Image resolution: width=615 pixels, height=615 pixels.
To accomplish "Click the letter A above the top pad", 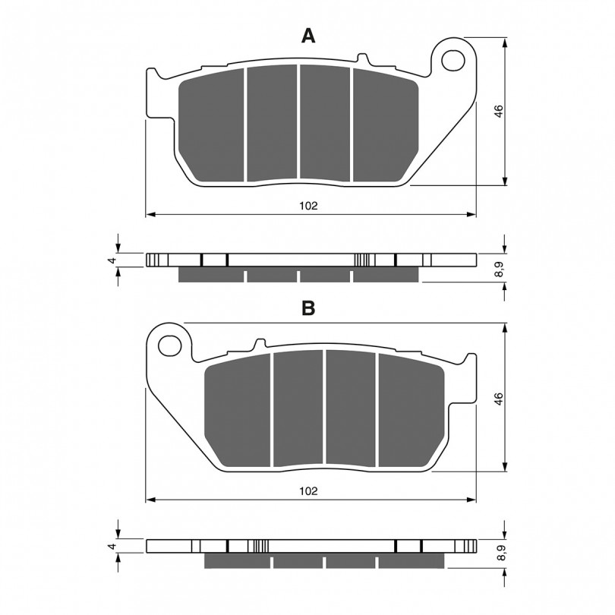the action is point(308,36).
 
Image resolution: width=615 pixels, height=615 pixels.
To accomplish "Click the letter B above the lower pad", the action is point(308,308).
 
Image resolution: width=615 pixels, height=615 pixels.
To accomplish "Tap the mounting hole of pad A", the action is point(453,61).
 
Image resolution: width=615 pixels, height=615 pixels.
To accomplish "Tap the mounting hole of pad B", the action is point(170,346).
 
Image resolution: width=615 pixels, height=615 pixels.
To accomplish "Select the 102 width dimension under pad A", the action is point(308,206).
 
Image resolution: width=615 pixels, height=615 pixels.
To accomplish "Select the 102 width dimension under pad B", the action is point(308,491).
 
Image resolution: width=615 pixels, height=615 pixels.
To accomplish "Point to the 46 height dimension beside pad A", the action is point(498,111).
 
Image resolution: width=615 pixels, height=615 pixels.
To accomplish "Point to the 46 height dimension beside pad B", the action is point(498,399).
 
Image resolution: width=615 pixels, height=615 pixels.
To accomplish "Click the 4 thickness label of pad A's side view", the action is point(113,260).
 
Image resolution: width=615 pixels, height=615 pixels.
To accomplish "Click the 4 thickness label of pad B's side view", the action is point(113,546).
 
